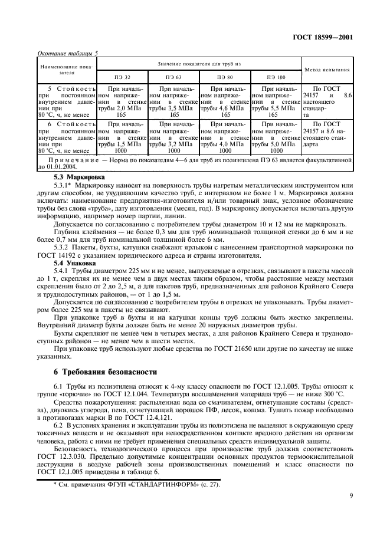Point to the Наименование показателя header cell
click(x=66, y=70)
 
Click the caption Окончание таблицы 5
click(x=67, y=52)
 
